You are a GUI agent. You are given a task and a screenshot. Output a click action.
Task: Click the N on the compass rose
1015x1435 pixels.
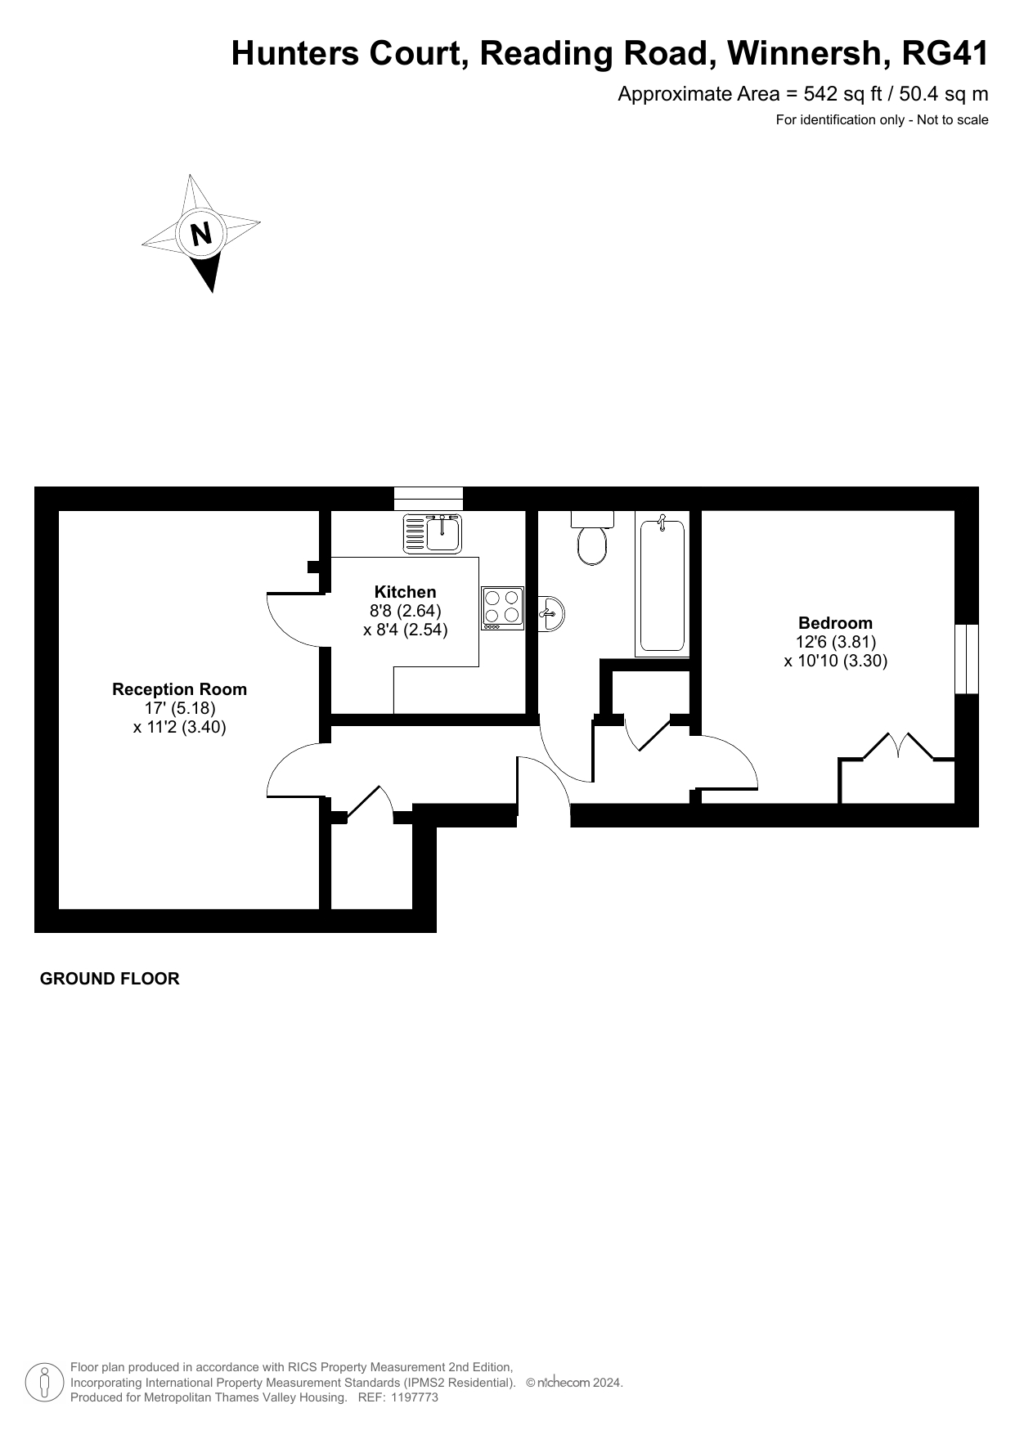point(201,234)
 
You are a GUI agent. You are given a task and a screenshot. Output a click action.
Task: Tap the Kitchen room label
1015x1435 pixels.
point(406,592)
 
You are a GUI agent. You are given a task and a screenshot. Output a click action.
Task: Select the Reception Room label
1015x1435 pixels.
point(179,689)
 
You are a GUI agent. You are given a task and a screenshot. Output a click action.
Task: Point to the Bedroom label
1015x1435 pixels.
point(836,623)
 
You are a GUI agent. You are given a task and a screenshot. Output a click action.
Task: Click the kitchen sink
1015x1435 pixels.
point(433,533)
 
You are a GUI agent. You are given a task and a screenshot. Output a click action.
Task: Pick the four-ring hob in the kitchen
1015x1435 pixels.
point(502,608)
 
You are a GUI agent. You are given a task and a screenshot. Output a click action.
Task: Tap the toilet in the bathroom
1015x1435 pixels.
point(593,537)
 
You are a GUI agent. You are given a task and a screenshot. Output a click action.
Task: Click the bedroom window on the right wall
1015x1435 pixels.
point(967,659)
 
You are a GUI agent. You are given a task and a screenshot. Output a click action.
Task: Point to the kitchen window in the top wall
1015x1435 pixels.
point(429,498)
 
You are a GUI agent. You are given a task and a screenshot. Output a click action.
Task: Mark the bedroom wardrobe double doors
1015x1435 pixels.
point(898,747)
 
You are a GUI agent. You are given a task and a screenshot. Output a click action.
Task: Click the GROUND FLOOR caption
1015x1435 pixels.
point(110,979)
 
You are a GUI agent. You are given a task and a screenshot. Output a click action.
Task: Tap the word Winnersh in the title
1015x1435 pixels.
point(807,53)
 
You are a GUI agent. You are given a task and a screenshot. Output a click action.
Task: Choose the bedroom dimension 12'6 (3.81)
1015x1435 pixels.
point(836,642)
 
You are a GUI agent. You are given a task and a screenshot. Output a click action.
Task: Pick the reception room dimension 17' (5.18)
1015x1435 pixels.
point(180,708)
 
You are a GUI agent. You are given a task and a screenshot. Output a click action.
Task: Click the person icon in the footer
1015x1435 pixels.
point(45,1382)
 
